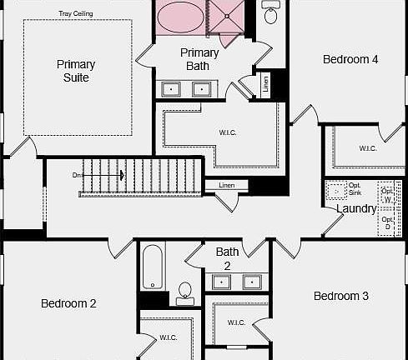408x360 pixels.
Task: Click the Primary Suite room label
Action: click(x=76, y=71)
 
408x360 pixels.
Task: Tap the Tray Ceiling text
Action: click(x=76, y=13)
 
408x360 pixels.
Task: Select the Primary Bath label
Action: click(x=199, y=59)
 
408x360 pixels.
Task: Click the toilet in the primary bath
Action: click(x=271, y=13)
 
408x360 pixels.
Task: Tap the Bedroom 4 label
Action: click(x=351, y=59)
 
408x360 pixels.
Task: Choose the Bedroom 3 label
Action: click(x=341, y=296)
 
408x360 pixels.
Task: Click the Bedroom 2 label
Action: click(x=68, y=303)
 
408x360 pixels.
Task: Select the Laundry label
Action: click(x=356, y=208)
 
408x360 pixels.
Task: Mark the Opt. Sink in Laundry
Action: click(x=337, y=191)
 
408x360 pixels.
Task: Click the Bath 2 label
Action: click(x=227, y=258)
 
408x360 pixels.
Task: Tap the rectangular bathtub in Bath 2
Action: click(x=152, y=266)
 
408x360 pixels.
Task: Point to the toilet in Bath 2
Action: click(x=184, y=291)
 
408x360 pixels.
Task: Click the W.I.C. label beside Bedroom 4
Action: click(x=368, y=148)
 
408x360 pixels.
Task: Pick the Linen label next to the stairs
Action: click(x=227, y=185)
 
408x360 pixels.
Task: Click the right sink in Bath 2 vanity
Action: click(x=252, y=282)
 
